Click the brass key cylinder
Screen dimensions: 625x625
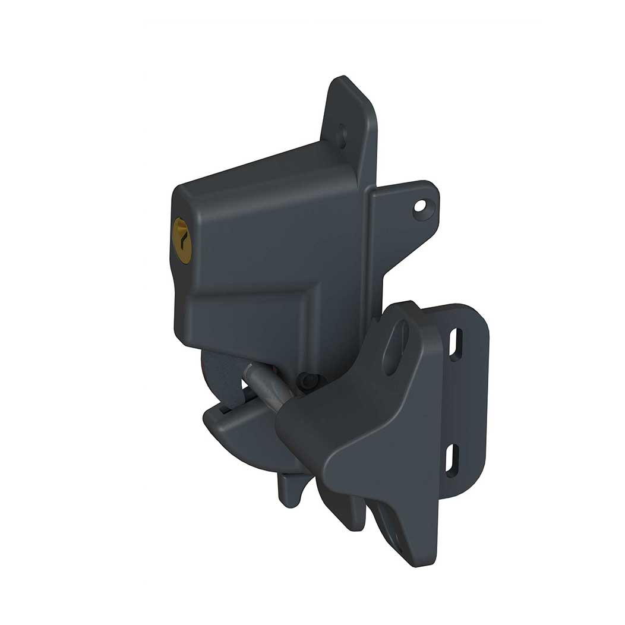click(182, 240)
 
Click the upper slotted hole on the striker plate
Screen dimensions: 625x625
click(456, 344)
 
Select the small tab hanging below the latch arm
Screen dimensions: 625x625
click(289, 490)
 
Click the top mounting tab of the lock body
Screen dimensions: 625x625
click(351, 113)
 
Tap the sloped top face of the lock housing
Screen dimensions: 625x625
click(261, 172)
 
